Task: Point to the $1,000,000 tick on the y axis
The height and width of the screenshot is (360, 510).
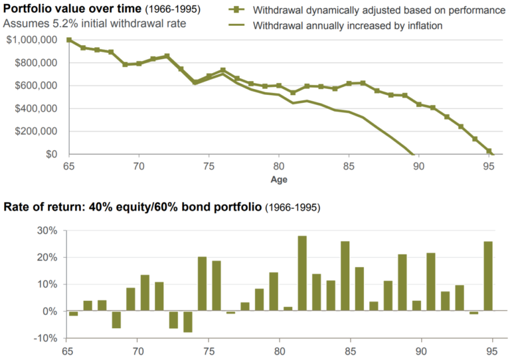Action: click(x=31, y=40)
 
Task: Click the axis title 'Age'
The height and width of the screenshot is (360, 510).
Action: click(x=279, y=179)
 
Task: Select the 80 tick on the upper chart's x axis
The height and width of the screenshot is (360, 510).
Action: click(x=279, y=166)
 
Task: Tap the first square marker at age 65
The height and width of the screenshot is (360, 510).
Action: click(x=68, y=40)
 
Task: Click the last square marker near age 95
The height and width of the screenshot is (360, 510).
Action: click(x=489, y=151)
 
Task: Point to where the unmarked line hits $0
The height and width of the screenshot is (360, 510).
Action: click(x=414, y=154)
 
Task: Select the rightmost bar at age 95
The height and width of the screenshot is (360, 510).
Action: click(x=488, y=276)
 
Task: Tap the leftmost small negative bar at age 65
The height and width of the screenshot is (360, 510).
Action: click(x=73, y=314)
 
